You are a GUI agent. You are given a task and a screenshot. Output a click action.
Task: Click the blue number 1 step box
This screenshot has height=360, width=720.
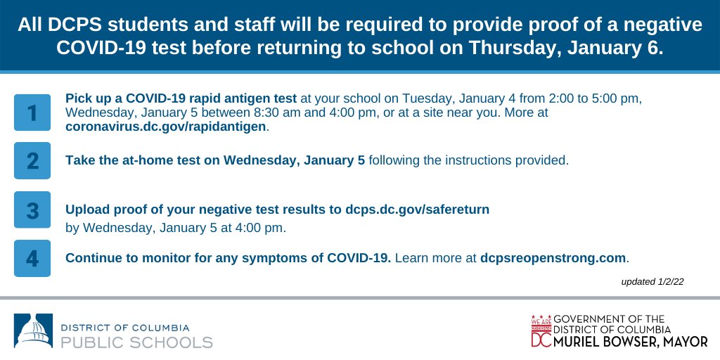click(32, 112)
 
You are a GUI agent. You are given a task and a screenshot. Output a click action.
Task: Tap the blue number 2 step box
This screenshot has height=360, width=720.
click(32, 160)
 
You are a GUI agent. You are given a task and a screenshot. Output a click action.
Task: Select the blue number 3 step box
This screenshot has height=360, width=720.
click(32, 210)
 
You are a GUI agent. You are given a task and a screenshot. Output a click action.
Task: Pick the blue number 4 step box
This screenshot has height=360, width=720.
click(32, 258)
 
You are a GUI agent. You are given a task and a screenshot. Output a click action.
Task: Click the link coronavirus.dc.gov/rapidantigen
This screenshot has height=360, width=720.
click(167, 127)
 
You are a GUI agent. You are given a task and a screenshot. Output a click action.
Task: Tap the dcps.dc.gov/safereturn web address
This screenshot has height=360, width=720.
click(417, 210)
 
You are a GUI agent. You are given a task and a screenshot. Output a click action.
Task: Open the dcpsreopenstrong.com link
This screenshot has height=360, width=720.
click(553, 258)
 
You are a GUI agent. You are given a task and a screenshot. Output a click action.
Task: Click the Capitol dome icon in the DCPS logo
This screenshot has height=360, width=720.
click(33, 331)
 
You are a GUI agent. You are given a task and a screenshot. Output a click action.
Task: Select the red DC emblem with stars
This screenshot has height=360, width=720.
click(541, 331)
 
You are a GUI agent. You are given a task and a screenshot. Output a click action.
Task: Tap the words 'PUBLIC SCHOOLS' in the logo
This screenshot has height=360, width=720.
click(136, 342)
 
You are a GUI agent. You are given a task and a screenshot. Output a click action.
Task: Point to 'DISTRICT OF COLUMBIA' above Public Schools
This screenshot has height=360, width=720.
click(125, 328)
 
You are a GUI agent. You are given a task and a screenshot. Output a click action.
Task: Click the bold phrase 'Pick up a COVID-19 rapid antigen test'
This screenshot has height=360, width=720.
click(181, 98)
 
